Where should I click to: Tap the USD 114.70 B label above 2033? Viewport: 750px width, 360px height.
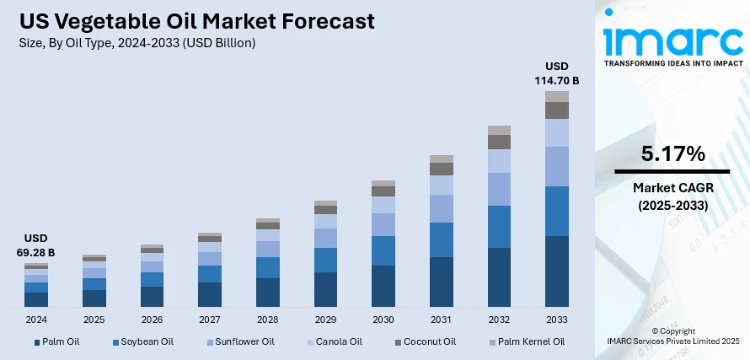pyautogui.click(x=557, y=73)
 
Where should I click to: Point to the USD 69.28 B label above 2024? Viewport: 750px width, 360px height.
pyautogui.click(x=35, y=245)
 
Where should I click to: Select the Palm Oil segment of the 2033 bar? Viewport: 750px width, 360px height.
pyautogui.click(x=557, y=271)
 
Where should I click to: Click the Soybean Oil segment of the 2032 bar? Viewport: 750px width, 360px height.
pyautogui.click(x=499, y=227)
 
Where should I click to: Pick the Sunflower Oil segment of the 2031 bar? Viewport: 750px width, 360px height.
pyautogui.click(x=442, y=208)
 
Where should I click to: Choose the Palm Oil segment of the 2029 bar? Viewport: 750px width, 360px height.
pyautogui.click(x=325, y=288)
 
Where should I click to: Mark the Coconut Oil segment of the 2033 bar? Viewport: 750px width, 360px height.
pyautogui.click(x=557, y=110)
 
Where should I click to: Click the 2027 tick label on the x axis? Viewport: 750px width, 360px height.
pyautogui.click(x=209, y=320)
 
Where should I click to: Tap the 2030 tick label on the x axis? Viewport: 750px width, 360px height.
pyautogui.click(x=383, y=320)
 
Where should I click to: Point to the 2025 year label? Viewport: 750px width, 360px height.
pyautogui.click(x=94, y=320)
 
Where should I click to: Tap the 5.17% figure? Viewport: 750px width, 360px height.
pyautogui.click(x=672, y=153)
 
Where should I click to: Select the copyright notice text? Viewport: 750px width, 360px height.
pyautogui.click(x=673, y=336)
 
